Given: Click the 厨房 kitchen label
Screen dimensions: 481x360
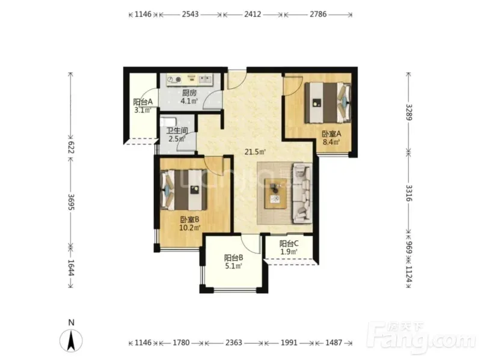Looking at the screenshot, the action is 189,93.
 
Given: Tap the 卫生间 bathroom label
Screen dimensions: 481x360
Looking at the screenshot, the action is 177,130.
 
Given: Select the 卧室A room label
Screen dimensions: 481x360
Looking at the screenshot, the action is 331,134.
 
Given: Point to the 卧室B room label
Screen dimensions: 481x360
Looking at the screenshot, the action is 189,219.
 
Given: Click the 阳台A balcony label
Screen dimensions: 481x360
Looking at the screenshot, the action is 142,102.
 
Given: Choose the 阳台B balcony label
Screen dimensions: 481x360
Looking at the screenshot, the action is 233,258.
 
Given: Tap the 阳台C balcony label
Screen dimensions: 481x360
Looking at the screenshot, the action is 289,244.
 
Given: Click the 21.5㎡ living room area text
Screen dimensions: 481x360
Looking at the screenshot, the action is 255,151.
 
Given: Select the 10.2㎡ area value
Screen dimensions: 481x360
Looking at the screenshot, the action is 190,228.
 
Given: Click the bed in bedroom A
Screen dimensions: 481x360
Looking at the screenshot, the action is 328,103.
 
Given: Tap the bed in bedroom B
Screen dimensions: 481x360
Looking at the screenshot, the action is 183,190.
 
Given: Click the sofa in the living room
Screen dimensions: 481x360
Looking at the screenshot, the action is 302,193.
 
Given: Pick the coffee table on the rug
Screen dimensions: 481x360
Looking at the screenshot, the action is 276,194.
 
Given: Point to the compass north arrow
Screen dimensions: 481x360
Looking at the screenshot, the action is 71,341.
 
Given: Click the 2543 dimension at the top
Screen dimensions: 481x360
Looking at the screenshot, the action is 190,14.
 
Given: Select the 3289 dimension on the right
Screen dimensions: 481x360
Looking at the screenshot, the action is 409,112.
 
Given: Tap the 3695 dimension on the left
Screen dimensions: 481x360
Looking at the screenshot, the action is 71,202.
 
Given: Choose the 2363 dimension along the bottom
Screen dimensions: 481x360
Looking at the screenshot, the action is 234,343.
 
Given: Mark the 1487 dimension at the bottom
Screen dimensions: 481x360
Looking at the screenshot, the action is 334,343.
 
